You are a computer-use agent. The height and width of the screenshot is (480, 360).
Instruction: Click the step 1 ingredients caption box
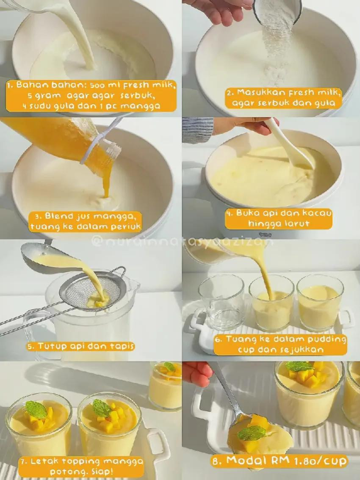91,96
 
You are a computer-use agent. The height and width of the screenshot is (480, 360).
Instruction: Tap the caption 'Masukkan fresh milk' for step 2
283,98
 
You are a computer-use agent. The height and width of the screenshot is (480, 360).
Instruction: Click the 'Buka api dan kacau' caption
278,219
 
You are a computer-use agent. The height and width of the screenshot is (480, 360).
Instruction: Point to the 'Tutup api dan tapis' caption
80,346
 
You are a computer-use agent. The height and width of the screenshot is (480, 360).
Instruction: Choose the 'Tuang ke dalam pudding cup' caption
280,345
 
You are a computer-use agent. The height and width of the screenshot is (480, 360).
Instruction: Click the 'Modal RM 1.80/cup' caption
280,461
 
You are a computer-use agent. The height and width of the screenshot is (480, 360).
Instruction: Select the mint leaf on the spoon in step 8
252,433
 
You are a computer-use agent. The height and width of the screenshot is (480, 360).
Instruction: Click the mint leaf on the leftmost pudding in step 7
36,409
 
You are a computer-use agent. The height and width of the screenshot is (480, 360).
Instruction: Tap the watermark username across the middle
182,242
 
